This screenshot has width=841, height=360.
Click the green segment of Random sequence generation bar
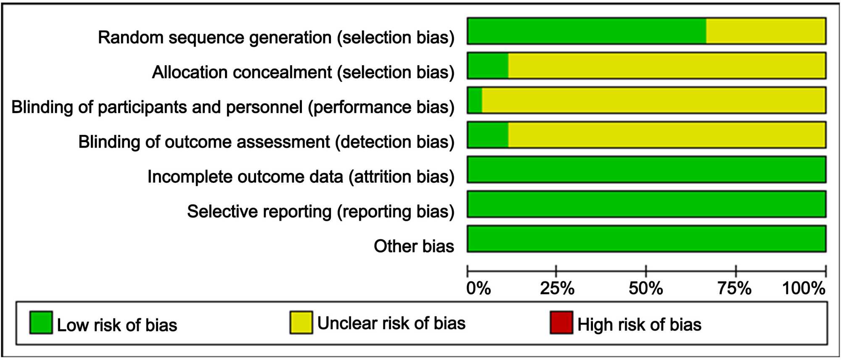(x=587, y=31)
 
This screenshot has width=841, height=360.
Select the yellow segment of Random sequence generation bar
(x=766, y=31)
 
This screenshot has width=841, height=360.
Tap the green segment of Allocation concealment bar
(x=488, y=66)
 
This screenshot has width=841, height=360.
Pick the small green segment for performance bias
(x=475, y=100)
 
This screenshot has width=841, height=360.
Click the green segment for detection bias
(x=488, y=135)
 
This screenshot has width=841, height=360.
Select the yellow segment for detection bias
(x=667, y=135)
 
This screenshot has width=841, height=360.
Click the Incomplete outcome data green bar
(x=647, y=169)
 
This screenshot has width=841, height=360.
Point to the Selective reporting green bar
(x=647, y=204)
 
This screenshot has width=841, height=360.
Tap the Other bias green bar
(x=647, y=239)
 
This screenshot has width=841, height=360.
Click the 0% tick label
(x=479, y=289)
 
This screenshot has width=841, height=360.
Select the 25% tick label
(x=557, y=289)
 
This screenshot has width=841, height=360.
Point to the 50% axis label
(x=646, y=289)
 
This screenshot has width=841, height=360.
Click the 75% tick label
(x=735, y=289)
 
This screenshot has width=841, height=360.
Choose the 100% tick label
(x=804, y=289)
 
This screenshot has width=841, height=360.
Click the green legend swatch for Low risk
(x=41, y=323)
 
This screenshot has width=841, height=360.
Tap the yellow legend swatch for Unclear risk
(x=301, y=323)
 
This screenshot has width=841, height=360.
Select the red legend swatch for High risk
(x=561, y=323)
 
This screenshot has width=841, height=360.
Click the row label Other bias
(x=414, y=246)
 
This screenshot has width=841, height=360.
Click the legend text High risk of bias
(x=639, y=325)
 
